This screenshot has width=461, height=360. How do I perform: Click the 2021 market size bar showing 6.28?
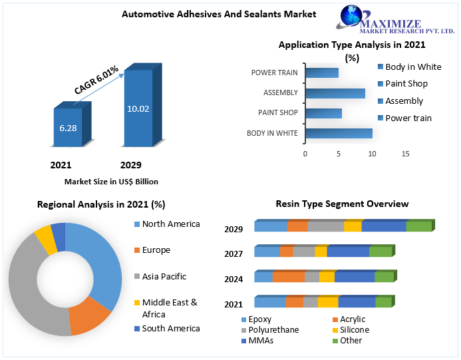click(x=68, y=127)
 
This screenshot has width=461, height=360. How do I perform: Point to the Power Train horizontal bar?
click(x=322, y=73)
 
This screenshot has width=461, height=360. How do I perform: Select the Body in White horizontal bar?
click(x=339, y=133)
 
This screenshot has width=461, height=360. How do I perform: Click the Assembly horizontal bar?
click(x=335, y=92)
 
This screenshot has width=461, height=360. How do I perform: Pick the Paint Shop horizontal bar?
click(x=324, y=113)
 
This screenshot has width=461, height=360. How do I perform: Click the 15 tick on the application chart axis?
click(x=405, y=154)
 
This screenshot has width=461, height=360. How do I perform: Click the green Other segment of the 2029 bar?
click(x=419, y=226)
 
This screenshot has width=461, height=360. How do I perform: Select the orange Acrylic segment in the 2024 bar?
click(x=288, y=277)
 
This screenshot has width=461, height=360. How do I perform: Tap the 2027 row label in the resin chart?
click(x=233, y=254)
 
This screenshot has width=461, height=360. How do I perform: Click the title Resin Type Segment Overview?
click(x=342, y=204)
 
